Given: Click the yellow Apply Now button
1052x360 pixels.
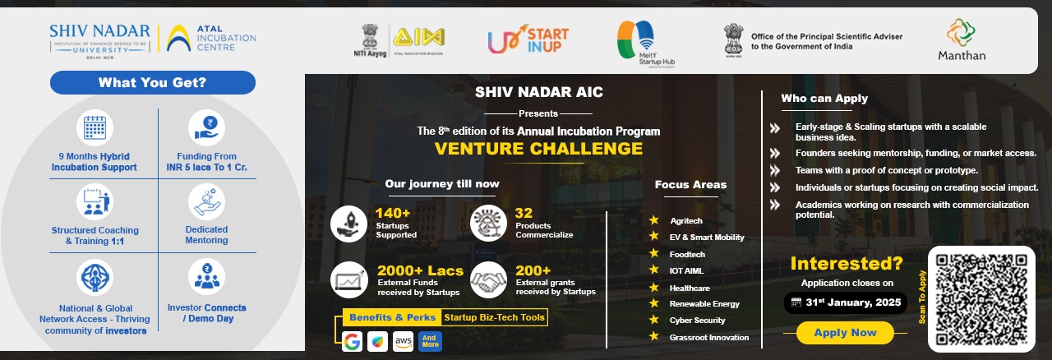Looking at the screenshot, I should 845,333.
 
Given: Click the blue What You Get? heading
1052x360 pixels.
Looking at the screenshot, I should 152,82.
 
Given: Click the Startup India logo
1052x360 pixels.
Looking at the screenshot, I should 528,39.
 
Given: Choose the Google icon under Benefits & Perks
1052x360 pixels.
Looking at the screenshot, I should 353,341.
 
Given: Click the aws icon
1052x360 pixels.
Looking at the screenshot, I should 403,341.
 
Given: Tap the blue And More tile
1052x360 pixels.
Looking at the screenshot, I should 429,341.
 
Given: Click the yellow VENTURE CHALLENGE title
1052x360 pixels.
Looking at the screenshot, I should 538,149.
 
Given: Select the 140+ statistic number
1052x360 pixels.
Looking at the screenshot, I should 393,214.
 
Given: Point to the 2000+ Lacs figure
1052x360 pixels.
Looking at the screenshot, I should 420,270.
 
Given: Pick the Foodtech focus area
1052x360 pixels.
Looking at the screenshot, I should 687,254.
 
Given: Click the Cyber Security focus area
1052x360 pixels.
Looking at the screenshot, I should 697,321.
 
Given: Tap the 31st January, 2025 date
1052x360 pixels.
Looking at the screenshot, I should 851,302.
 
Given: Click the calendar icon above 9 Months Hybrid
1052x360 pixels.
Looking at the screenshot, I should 95,128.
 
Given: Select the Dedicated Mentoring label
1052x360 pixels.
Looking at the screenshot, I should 206,235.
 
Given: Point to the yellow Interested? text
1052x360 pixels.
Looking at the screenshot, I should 846,264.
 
